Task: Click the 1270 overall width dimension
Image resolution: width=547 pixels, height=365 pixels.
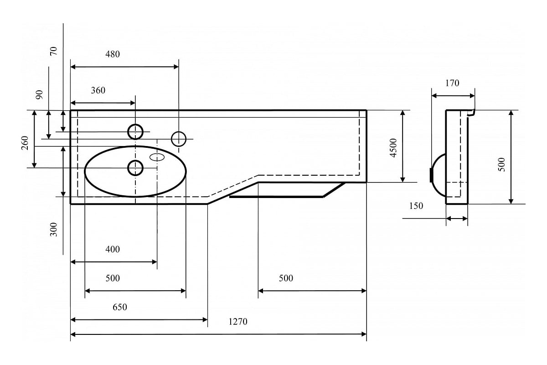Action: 238,322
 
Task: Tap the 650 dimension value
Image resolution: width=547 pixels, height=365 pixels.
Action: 119,307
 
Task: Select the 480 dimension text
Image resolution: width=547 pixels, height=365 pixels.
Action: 113,54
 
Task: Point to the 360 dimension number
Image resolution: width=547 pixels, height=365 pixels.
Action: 98,90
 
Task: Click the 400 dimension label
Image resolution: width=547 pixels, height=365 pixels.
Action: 113,250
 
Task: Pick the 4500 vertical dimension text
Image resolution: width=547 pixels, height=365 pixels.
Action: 393,148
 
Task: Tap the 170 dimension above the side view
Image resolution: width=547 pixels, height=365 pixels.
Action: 452,83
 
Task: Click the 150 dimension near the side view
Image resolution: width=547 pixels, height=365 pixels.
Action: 416,206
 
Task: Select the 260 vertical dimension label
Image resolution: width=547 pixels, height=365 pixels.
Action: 25,143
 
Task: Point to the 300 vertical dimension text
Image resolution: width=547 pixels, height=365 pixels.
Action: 53,229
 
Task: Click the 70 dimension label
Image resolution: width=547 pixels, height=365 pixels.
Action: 53,51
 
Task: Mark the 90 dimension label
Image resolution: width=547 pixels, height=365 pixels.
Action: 39,94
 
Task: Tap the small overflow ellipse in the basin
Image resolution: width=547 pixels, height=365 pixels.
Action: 157,157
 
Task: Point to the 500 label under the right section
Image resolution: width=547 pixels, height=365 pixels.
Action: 286,278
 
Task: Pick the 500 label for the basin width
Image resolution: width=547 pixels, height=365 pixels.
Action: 113,278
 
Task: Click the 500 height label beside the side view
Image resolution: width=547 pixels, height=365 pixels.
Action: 501,165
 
